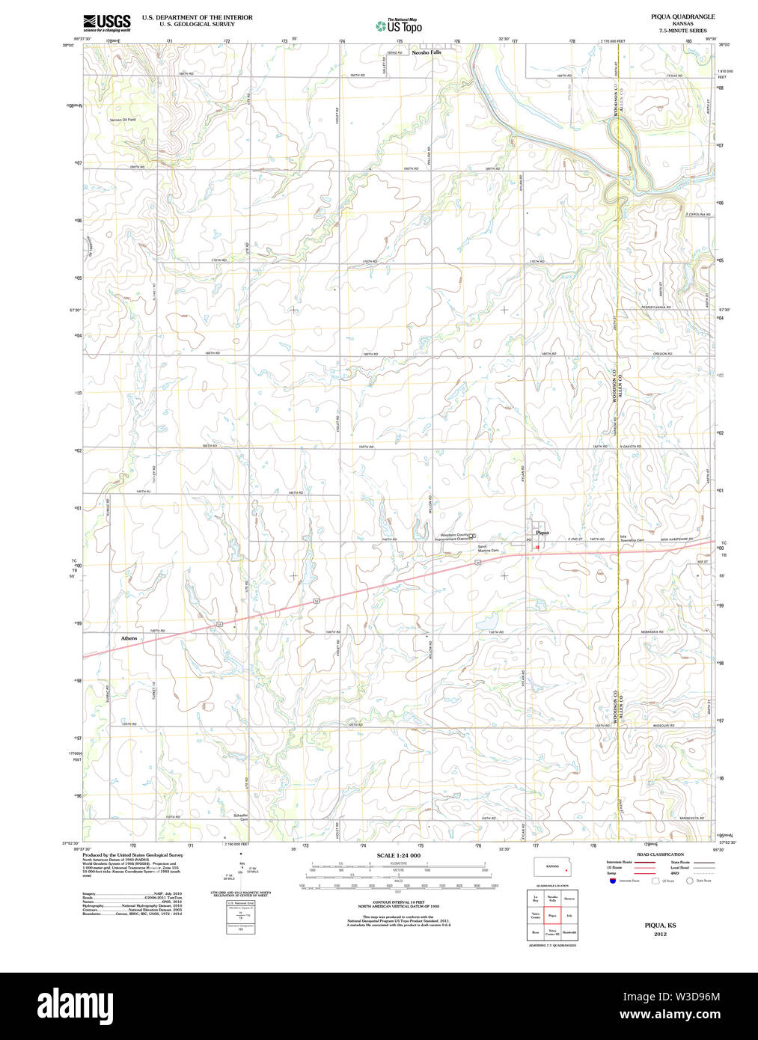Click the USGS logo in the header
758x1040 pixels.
tap(106, 22)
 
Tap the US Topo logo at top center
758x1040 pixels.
tap(399, 26)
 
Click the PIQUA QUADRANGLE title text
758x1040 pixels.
tap(682, 16)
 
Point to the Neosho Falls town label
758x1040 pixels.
tap(426, 52)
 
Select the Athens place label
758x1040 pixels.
tap(129, 638)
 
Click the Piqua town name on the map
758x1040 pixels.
tap(542, 533)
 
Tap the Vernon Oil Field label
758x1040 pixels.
tap(123, 120)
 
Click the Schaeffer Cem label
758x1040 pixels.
tap(241, 817)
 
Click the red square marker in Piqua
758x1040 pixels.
tap(537, 548)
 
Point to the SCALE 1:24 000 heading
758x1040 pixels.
tap(398, 855)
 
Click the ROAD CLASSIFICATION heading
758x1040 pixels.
tap(660, 854)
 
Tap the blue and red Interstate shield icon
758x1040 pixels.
tap(614, 881)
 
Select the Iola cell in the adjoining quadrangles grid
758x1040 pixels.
tap(569, 915)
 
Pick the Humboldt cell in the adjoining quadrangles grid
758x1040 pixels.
tap(569, 932)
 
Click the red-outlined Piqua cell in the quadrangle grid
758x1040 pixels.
tap(552, 915)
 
